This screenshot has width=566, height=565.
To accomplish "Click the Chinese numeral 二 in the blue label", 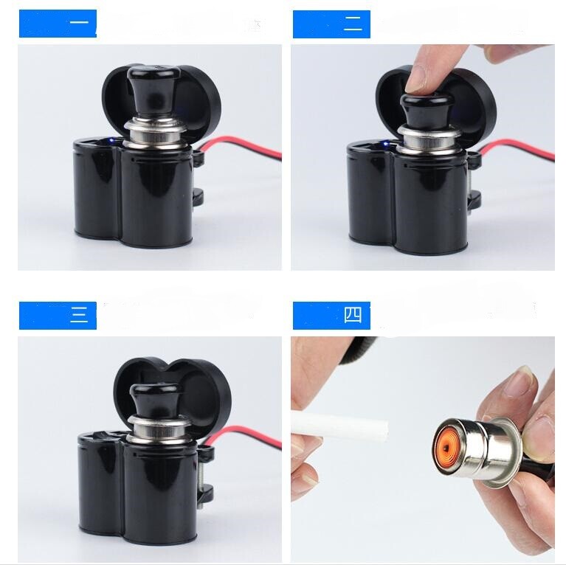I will [x=353, y=25].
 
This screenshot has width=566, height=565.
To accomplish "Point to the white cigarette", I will [x=339, y=427].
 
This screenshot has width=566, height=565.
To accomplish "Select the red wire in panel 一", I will [x=244, y=148].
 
